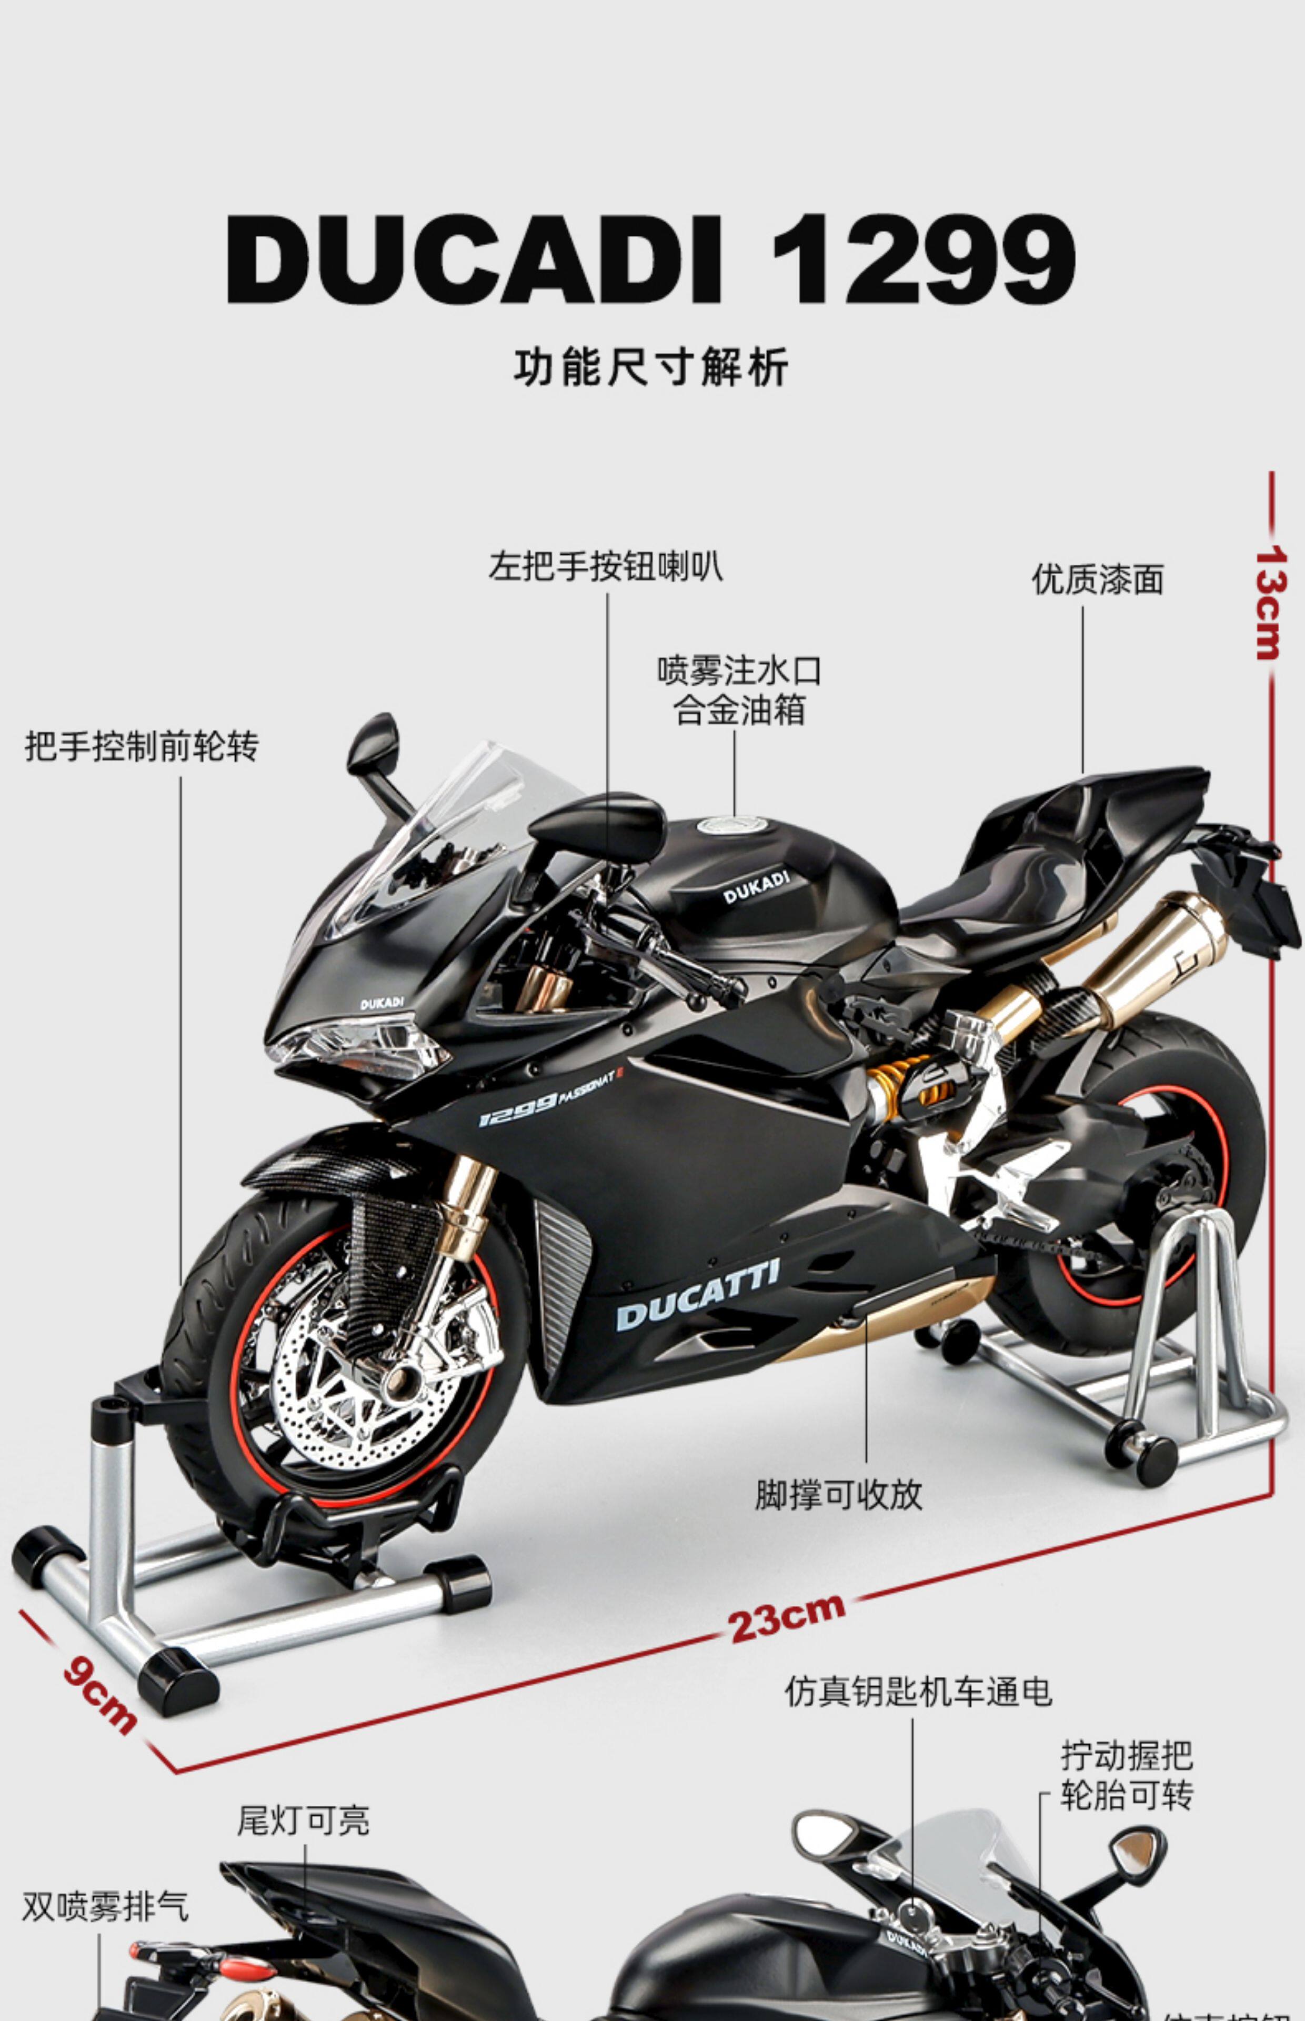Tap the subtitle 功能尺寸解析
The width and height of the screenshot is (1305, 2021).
pyautogui.click(x=651, y=367)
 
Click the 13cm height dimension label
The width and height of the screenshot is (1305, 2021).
pyautogui.click(x=1270, y=603)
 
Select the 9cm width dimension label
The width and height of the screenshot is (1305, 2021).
pyautogui.click(x=99, y=1695)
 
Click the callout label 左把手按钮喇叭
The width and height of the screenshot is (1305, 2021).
pyautogui.click(x=606, y=567)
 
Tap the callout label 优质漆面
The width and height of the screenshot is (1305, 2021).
pyautogui.click(x=1097, y=579)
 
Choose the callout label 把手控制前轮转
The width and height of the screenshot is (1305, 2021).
pyautogui.click(x=142, y=746)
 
